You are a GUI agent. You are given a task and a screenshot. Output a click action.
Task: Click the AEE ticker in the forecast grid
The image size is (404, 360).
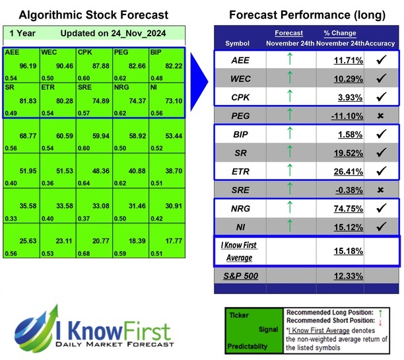coord(11,52)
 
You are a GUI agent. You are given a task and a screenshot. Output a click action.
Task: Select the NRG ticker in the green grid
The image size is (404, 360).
coord(121,87)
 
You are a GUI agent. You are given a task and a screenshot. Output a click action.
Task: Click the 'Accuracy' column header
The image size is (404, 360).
coord(382,44)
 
